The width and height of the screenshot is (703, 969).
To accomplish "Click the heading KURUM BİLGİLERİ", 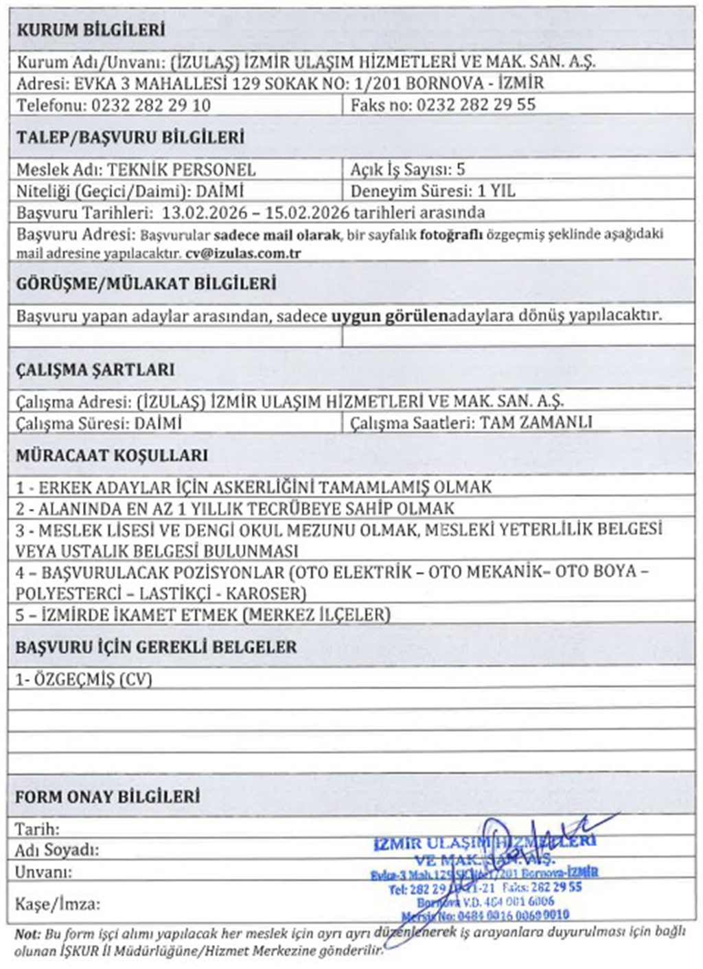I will coord(91,30).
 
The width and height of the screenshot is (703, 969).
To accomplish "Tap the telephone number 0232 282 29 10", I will coord(150,105).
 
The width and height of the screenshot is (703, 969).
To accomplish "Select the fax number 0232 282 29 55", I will coord(476,105).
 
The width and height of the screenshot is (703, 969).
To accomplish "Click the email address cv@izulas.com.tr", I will coord(243,253).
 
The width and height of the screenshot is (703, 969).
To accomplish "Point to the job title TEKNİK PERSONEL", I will coord(182,170).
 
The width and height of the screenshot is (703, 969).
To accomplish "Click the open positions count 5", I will coord(461,170).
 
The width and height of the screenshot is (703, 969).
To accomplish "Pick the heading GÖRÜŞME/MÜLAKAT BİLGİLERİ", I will coord(146,284).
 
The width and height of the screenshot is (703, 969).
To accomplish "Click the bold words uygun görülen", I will coord(389,316).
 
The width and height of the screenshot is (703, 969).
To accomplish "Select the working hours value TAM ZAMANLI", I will coord(535,422).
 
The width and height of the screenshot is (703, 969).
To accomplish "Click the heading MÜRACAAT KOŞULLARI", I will coord(112,455).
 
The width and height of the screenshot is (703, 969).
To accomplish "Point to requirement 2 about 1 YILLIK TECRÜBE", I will coord(235,509).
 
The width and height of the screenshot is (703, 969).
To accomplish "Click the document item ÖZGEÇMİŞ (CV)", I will coord(84,679).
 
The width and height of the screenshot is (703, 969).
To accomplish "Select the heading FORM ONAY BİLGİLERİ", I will coord(108,797).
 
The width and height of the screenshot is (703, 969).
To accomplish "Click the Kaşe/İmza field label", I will coord(58,904).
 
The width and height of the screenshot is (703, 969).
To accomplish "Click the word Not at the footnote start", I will coord(27,933).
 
